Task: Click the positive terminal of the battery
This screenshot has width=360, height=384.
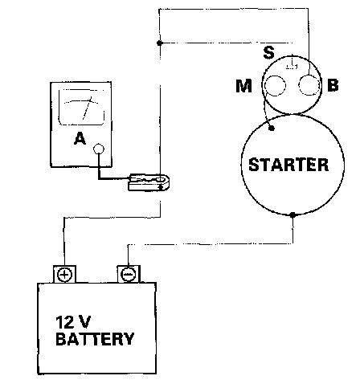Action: (65, 275)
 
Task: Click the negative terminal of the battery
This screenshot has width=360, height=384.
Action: (129, 274)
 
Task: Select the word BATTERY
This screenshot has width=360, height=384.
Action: (95, 339)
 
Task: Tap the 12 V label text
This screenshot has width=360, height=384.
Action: (73, 322)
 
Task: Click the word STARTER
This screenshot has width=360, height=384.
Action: (288, 165)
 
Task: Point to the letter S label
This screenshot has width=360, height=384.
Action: (268, 52)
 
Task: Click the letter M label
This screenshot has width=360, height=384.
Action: (243, 86)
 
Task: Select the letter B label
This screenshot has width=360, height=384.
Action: (333, 85)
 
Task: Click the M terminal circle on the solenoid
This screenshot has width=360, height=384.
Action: (275, 86)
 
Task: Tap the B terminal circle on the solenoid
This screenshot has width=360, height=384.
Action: (309, 85)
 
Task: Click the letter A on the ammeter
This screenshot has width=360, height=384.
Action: (80, 139)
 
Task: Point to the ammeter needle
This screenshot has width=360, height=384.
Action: (87, 108)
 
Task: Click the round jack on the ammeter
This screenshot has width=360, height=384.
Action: (99, 149)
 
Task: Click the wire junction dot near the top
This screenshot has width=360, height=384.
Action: (159, 43)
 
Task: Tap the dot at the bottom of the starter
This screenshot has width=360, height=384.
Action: (292, 214)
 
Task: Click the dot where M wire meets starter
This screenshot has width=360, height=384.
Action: (272, 129)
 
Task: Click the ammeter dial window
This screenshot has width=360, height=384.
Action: (81, 107)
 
